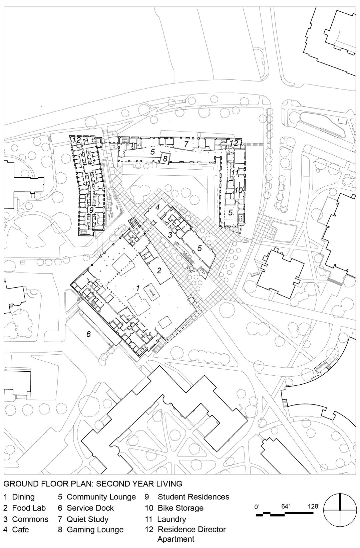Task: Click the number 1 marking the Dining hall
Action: point(138,288)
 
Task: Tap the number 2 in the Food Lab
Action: point(159,270)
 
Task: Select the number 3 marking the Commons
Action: point(170,235)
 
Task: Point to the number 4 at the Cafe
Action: point(157,207)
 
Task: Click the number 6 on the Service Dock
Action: point(89,334)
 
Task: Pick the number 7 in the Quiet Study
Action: point(186,144)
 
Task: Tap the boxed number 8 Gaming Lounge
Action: point(165,159)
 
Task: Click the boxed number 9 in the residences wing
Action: point(91,210)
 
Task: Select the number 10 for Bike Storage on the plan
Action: point(239,190)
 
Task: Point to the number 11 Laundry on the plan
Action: point(235,172)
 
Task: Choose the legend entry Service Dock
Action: point(86,508)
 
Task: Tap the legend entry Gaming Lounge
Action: point(91,530)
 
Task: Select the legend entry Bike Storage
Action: point(174,508)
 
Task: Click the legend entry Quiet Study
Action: point(83,519)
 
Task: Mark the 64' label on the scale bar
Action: point(285,506)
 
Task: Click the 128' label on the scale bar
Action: point(314,506)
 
